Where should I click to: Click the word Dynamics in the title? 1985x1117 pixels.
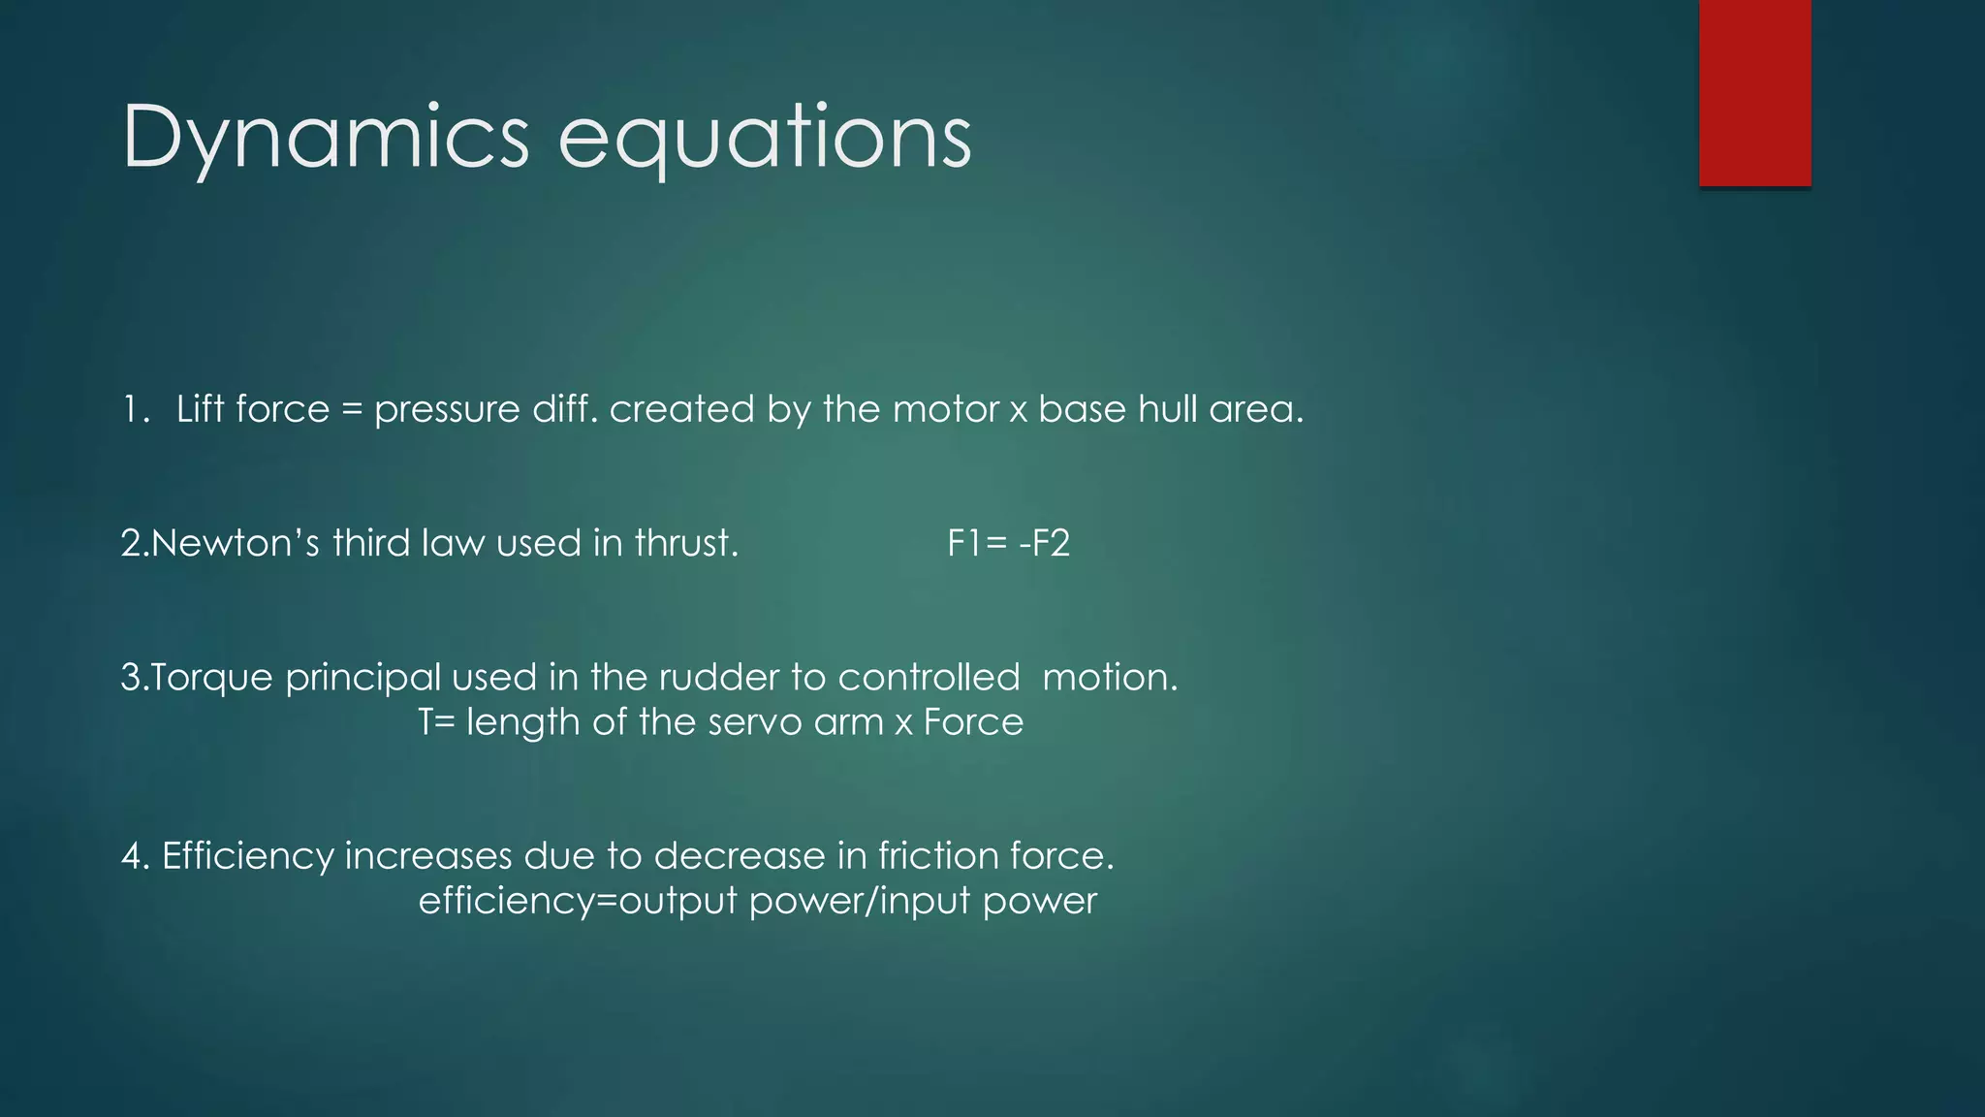(326, 138)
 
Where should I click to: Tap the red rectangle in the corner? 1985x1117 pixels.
(1754, 93)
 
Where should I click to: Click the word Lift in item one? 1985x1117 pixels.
(201, 409)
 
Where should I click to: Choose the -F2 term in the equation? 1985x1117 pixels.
(1045, 543)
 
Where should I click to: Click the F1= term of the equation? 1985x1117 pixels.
(977, 543)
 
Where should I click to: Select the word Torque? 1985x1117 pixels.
(212, 677)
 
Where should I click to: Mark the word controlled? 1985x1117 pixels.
(929, 677)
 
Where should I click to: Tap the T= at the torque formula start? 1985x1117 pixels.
(436, 722)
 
